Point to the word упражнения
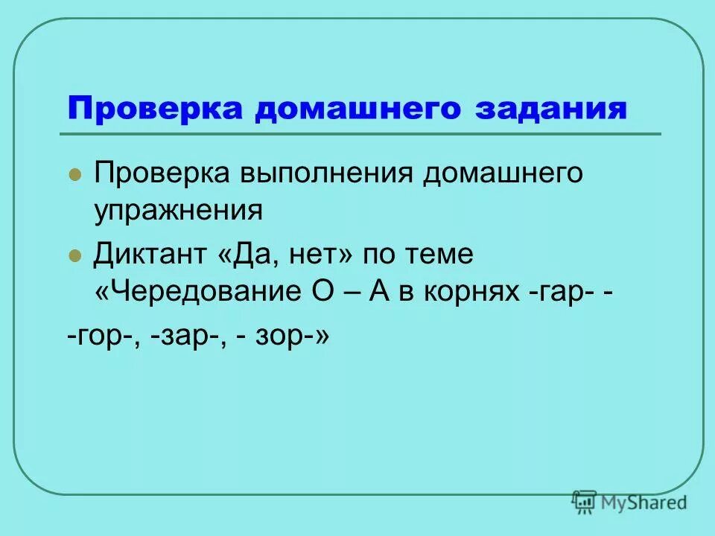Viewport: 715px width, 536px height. point(178,211)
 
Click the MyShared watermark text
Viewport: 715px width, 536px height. point(645,503)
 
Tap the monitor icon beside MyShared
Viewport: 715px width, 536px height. point(585,502)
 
